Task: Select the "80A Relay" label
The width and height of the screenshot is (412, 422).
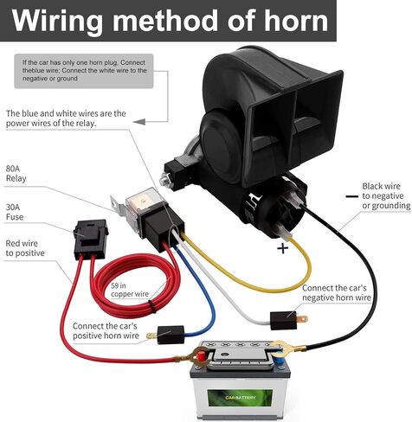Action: click(x=16, y=174)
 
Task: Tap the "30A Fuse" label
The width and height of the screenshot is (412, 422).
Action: click(x=15, y=212)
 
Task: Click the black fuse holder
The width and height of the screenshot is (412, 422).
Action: click(x=90, y=239)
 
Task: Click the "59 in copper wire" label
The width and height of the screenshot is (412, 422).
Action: click(x=130, y=290)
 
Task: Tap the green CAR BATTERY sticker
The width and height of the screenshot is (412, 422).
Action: click(x=240, y=398)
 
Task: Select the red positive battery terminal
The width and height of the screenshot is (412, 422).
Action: click(x=201, y=355)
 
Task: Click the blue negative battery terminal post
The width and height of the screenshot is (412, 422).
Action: click(x=279, y=360)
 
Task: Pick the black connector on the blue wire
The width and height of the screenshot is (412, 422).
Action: click(x=171, y=335)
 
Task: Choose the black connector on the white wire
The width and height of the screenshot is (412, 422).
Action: click(x=284, y=321)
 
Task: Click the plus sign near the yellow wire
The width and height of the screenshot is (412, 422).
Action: click(x=282, y=248)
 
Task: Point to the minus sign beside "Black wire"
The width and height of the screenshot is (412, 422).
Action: click(x=351, y=196)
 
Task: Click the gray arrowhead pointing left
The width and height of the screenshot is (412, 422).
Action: click(x=139, y=122)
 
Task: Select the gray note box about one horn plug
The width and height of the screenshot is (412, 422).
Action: click(x=84, y=71)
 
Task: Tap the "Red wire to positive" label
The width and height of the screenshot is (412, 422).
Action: click(x=25, y=248)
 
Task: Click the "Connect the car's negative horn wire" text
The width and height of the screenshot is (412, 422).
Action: click(x=337, y=292)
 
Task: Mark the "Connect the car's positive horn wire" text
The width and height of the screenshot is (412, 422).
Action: click(x=106, y=330)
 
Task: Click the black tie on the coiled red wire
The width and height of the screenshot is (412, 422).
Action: click(x=151, y=306)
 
